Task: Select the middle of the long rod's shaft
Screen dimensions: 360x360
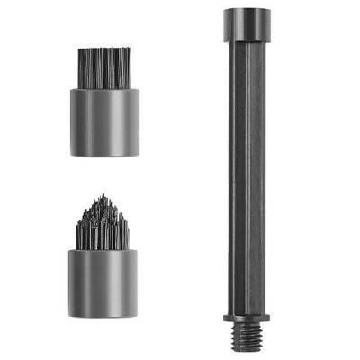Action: click(243, 180)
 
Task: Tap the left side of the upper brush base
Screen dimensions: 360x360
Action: click(73, 121)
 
